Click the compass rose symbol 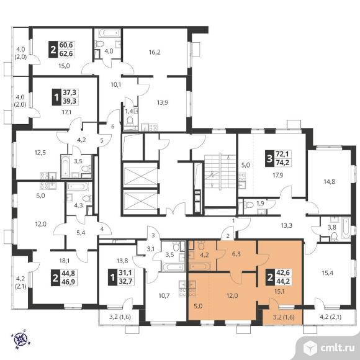[21, 339]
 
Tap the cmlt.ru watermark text [338, 348]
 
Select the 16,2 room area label [155, 52]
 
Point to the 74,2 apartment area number [282, 163]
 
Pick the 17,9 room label [278, 175]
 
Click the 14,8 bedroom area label [330, 182]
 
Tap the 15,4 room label [327, 273]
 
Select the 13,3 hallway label [287, 226]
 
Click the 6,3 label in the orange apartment [236, 254]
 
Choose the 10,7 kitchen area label [164, 295]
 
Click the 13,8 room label [122, 260]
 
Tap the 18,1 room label [65, 260]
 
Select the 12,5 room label [40, 152]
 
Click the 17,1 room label [66, 112]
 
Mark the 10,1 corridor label [116, 84]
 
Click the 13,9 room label [163, 102]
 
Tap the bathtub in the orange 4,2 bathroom [200, 266]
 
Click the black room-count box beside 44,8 [55, 278]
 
